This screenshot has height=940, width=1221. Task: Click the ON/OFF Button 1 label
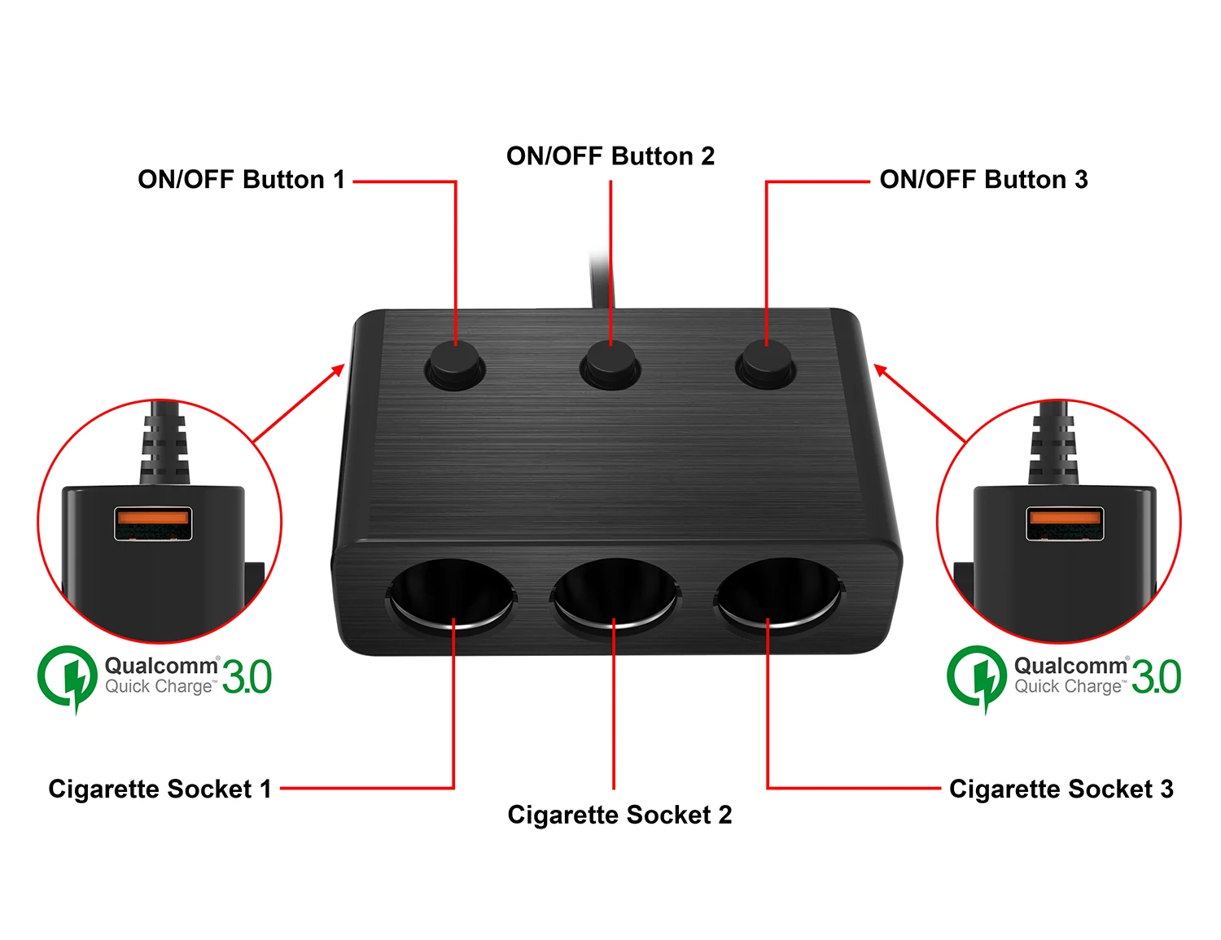point(242,180)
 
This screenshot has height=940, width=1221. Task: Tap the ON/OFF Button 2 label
point(610,156)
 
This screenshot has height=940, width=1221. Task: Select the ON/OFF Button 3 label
point(983,180)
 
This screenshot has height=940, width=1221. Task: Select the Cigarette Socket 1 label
point(160,789)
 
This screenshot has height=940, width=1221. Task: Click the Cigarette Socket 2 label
point(619,815)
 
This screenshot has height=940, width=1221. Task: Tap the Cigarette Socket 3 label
point(1061,789)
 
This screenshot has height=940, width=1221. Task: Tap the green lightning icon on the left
point(68,677)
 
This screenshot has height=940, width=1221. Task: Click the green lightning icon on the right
point(978,677)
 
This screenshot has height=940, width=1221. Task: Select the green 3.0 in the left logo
point(247,677)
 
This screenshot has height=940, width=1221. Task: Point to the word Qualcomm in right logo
point(1070,666)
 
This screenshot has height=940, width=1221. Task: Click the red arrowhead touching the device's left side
point(339,370)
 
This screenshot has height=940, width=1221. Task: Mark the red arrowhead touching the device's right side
point(880,370)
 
